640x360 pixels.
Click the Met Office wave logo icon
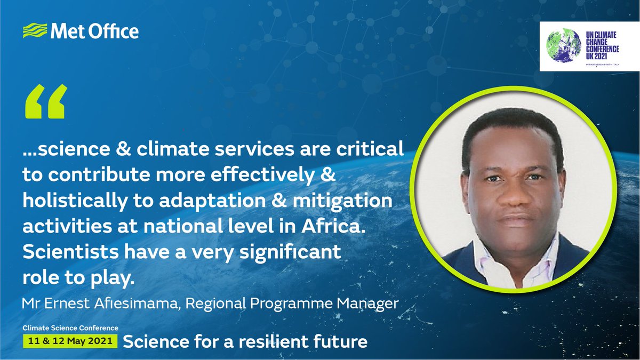click(x=34, y=31)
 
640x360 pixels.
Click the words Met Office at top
click(x=94, y=31)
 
